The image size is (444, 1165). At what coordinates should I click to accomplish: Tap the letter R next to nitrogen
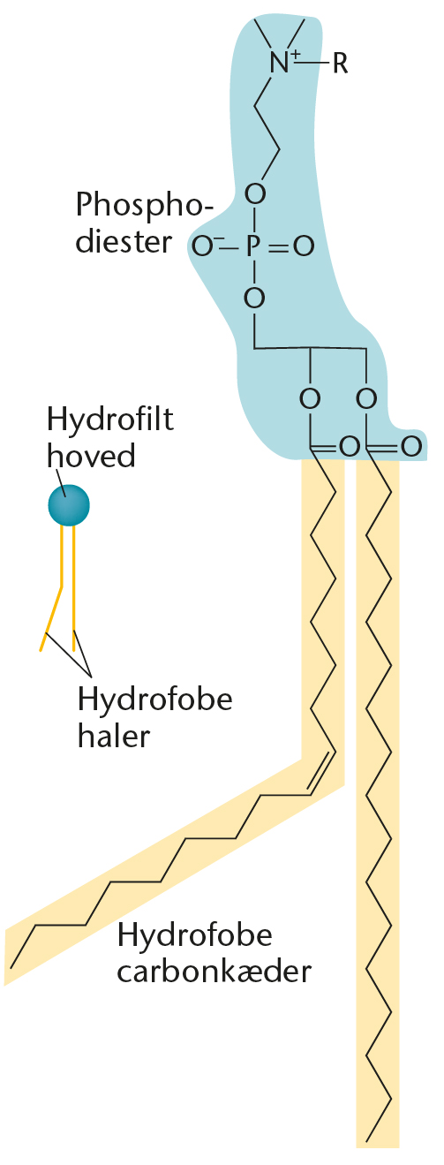point(340,64)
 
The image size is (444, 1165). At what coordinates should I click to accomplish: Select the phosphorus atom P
point(252,246)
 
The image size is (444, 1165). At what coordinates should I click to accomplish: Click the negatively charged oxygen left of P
point(204,246)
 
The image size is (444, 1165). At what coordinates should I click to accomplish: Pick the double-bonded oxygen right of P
point(305,246)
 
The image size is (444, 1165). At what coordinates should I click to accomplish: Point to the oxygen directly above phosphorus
point(255,194)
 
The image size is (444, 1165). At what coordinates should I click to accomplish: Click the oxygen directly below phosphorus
point(255,298)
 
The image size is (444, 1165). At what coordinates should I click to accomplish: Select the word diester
point(124,242)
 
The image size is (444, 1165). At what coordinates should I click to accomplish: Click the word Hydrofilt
point(110,419)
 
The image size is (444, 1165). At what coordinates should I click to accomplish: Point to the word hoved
point(92,455)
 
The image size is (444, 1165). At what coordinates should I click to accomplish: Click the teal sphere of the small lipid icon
point(69,505)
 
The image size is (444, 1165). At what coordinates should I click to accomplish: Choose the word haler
point(114,736)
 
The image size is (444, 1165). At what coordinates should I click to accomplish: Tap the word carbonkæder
point(214,971)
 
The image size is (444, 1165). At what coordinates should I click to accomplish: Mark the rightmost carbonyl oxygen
point(410,446)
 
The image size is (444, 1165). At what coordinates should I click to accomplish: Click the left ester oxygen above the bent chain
point(310,399)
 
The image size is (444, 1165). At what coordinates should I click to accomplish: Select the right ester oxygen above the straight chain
point(366,399)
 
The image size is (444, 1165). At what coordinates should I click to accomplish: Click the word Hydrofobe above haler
point(155,699)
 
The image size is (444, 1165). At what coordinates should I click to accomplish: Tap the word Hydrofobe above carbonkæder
point(195,934)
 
